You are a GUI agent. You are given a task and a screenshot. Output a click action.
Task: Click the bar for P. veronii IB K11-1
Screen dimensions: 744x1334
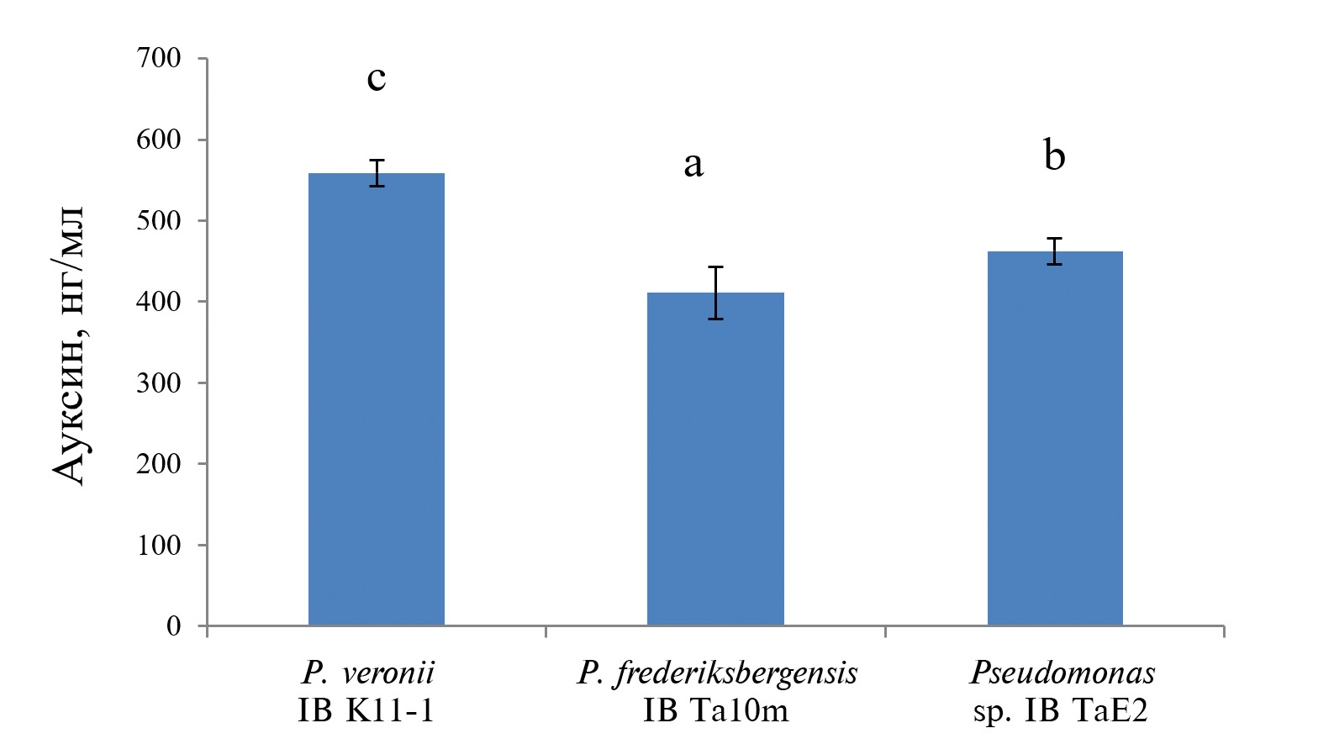(x=376, y=399)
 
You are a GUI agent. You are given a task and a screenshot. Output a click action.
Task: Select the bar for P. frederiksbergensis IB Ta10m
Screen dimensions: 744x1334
(x=715, y=459)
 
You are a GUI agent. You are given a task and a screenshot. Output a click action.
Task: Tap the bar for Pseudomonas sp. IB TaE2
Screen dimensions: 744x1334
(x=1055, y=438)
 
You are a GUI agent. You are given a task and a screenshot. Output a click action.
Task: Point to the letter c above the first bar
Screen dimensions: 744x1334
(x=377, y=78)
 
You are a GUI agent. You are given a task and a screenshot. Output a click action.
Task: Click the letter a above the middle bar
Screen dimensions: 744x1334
(x=693, y=164)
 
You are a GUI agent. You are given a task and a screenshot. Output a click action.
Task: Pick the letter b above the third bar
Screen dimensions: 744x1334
(x=1054, y=156)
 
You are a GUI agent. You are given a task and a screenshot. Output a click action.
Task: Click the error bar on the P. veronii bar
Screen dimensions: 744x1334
(x=377, y=172)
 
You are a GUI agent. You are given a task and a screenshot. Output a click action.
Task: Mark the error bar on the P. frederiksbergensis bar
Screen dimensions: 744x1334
(x=716, y=293)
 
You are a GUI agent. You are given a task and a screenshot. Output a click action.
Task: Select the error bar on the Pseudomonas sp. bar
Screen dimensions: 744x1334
(x=1055, y=251)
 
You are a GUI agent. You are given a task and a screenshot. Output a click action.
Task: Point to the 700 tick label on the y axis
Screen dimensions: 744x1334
(x=158, y=58)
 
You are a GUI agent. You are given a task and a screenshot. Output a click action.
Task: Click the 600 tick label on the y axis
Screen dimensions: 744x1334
(x=158, y=140)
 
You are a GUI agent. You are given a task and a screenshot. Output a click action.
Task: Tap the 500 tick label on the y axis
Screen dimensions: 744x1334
(x=158, y=220)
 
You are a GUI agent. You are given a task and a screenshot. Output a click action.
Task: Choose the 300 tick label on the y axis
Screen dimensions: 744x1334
(x=158, y=383)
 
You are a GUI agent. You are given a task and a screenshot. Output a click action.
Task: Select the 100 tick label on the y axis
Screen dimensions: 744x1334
(x=158, y=545)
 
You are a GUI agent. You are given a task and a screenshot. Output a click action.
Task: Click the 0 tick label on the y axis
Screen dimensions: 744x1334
(x=173, y=625)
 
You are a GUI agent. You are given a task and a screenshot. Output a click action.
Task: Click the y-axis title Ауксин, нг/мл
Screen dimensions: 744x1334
(x=69, y=345)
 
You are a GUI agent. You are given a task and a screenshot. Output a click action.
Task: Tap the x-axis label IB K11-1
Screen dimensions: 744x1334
(x=366, y=711)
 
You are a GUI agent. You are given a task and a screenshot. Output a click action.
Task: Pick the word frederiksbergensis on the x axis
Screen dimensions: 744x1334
(x=736, y=673)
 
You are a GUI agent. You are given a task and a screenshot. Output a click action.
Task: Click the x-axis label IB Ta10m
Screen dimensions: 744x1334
(x=716, y=711)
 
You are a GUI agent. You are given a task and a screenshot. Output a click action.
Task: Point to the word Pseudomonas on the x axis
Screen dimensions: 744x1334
(x=1062, y=673)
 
